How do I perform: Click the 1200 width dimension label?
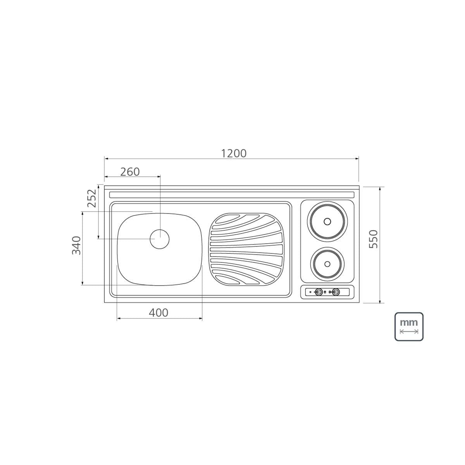pyautogui.click(x=234, y=153)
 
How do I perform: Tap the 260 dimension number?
pyautogui.click(x=130, y=172)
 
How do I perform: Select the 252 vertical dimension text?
pyautogui.click(x=92, y=198)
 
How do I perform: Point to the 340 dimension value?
pyautogui.click(x=76, y=245)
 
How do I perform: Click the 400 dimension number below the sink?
pyautogui.click(x=158, y=313)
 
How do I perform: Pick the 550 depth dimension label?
pyautogui.click(x=373, y=239)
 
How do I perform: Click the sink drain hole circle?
pyautogui.click(x=160, y=239)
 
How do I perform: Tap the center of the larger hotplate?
pyautogui.click(x=327, y=221)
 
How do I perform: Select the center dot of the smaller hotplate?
pyautogui.click(x=327, y=264)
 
